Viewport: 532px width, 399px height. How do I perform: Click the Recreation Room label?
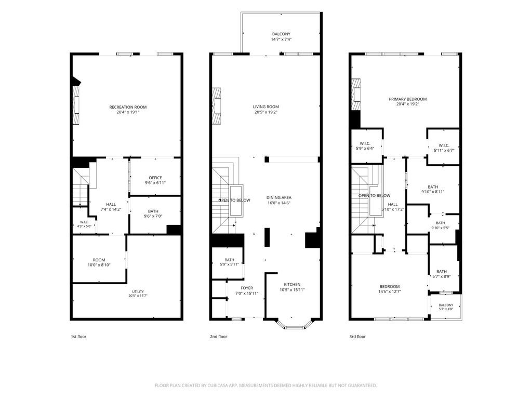(x=128, y=107)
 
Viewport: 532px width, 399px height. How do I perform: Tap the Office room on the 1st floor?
(x=155, y=178)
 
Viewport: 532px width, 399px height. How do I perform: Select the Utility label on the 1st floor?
(x=138, y=291)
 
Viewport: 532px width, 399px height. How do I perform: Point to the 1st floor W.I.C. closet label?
(x=84, y=222)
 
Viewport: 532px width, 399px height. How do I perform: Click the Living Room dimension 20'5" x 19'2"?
(x=266, y=112)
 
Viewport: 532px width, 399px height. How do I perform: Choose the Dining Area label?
(x=279, y=197)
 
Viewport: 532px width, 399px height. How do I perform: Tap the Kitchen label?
(x=292, y=284)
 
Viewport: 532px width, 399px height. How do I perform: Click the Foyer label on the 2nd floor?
(x=247, y=288)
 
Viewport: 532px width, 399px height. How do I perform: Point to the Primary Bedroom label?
(x=408, y=99)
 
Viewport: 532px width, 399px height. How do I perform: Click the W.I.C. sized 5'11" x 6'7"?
(x=444, y=148)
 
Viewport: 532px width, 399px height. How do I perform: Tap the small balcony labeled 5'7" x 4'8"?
(x=446, y=307)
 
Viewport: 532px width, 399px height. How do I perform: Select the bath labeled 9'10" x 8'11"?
(x=433, y=189)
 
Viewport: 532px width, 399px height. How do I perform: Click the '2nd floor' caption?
(x=219, y=337)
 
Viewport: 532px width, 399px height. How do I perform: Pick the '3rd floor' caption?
(x=357, y=337)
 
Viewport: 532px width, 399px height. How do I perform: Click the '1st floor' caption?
(x=78, y=337)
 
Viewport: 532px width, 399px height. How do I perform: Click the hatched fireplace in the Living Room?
(x=217, y=106)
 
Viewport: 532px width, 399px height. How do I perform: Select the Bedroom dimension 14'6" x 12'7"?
(x=390, y=291)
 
